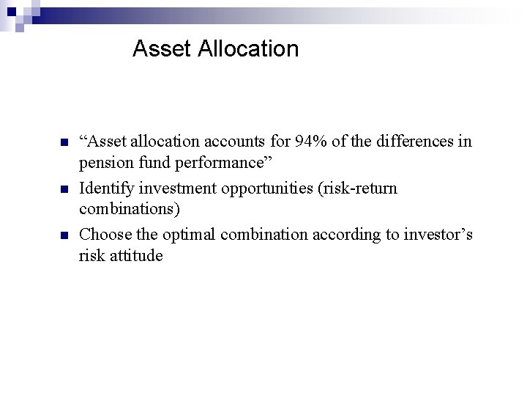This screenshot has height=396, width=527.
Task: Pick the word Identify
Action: click(105, 188)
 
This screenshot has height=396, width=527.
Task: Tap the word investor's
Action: click(437, 235)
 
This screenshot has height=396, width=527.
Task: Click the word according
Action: click(347, 235)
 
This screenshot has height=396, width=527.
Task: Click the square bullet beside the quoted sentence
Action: click(64, 142)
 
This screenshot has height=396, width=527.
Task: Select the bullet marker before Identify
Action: click(64, 188)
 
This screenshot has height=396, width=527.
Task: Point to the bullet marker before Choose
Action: click(64, 235)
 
